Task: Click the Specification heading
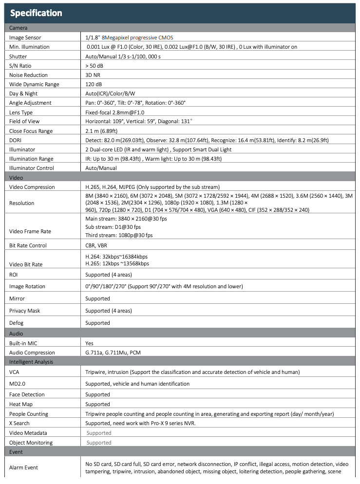[x=36, y=13]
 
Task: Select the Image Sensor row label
[x=25, y=37]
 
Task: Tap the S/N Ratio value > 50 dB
[x=94, y=65]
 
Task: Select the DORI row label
[x=16, y=140]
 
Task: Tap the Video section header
[x=16, y=178]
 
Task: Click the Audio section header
[x=16, y=334]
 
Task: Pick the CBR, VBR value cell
[x=96, y=245]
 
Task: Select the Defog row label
[x=17, y=323]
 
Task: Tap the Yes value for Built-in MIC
[x=89, y=343]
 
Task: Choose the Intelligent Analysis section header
[x=31, y=362]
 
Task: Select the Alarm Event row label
[x=23, y=467]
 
